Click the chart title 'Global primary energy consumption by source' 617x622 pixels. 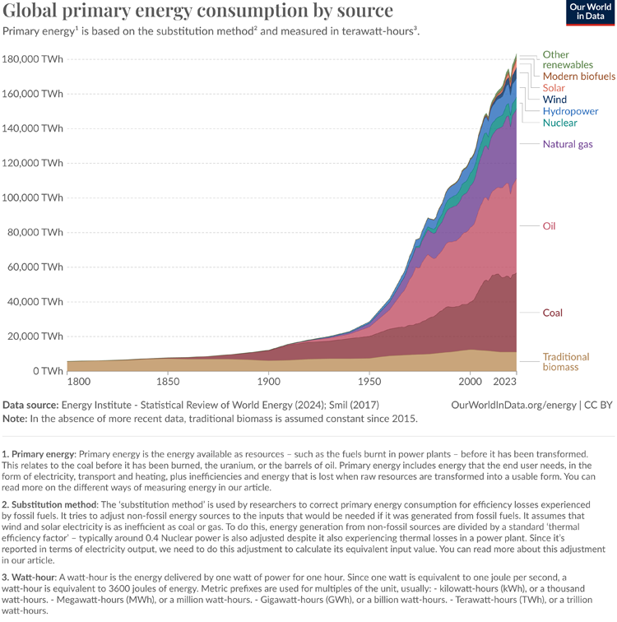pos(198,11)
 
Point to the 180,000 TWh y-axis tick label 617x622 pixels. pos(33,59)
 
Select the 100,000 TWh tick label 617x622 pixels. pos(33,198)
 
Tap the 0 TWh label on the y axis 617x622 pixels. pos(48,372)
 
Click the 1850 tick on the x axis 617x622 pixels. pos(168,383)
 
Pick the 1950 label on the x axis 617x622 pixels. pos(369,383)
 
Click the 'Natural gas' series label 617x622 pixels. pos(568,145)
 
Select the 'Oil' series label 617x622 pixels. pos(550,225)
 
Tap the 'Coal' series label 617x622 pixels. pos(553,313)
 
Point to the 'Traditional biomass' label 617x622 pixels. pos(566,362)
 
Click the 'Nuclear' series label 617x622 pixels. pos(560,123)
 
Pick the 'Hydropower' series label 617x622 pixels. pos(570,111)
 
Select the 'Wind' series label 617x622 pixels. pos(554,100)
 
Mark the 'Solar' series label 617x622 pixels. pos(554,87)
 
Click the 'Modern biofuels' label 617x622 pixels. pos(579,76)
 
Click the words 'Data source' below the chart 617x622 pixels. pos(30,405)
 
